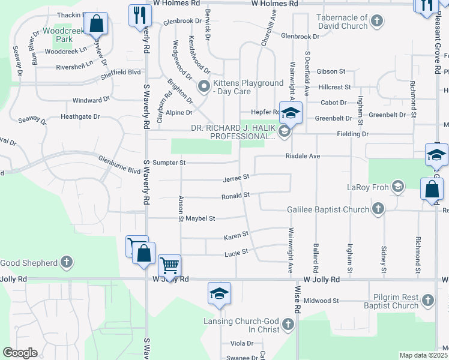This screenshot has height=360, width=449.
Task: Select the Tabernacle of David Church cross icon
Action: click(x=376, y=22)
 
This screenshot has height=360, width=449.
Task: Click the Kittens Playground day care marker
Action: click(x=204, y=87)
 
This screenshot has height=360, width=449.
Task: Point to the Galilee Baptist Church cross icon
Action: click(x=378, y=208)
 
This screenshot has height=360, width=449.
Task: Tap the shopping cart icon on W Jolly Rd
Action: click(x=170, y=265)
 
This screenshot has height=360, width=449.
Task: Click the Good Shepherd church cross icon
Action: click(x=67, y=262)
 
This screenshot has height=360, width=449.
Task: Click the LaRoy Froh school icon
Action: click(x=397, y=187)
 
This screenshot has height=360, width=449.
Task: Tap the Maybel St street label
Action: click(x=200, y=218)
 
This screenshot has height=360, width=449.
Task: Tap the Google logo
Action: click(x=20, y=353)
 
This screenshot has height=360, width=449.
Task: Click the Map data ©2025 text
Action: click(x=424, y=355)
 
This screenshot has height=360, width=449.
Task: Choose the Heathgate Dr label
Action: click(x=80, y=116)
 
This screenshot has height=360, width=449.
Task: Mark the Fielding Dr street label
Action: click(x=352, y=134)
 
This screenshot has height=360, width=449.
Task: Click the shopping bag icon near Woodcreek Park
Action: click(x=96, y=24)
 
